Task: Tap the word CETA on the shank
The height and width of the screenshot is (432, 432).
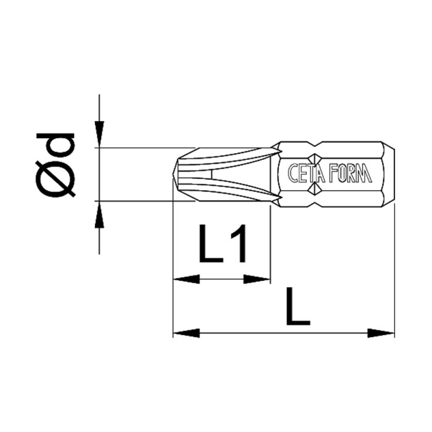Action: coord(305,174)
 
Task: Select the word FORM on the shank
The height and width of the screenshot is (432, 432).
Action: coord(351,174)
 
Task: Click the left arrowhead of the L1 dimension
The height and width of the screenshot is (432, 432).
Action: coord(185,280)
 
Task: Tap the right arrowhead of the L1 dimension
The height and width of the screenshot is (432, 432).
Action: coord(258,280)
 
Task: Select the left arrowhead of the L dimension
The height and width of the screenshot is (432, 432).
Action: coord(185,333)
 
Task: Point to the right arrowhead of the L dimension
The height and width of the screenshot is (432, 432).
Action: coord(381,333)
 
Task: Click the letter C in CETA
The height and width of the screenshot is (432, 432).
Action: coord(293,174)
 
